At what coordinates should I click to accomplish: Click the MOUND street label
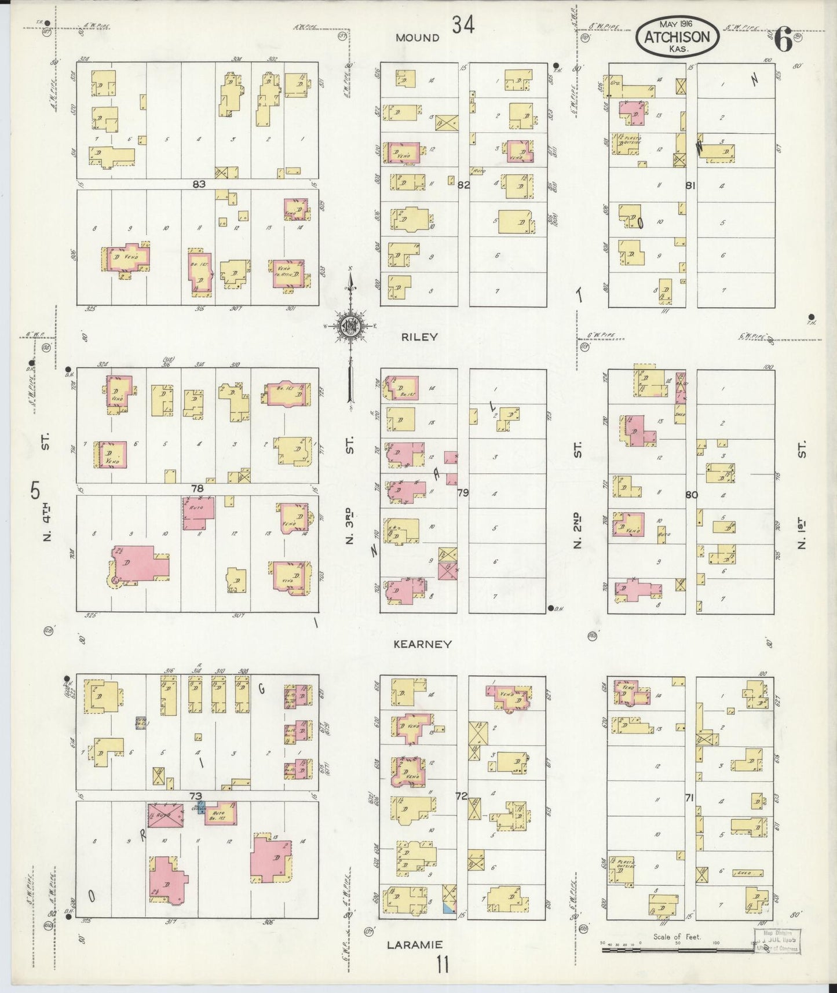[418, 38]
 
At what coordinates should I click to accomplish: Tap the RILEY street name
[421, 337]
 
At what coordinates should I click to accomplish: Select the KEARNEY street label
[422, 644]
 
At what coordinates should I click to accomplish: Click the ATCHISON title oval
[678, 36]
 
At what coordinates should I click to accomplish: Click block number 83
[199, 184]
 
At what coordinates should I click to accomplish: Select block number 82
[463, 185]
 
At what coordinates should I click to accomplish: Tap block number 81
[690, 185]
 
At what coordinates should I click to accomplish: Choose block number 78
[198, 488]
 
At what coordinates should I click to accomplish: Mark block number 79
[463, 493]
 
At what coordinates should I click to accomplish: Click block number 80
[691, 495]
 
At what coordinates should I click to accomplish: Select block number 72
[462, 797]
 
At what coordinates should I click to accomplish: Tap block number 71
[689, 798]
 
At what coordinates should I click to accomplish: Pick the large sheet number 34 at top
[463, 25]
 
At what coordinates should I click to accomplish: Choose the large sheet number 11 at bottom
[443, 966]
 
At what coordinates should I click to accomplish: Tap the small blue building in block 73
[201, 809]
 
